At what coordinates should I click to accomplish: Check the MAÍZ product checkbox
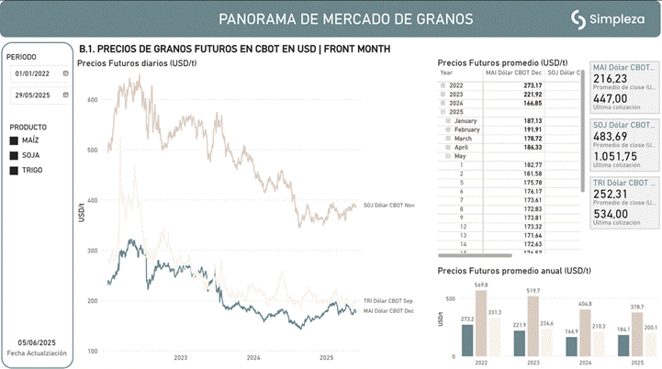coord(14,140)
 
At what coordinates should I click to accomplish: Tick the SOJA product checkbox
coord(14,155)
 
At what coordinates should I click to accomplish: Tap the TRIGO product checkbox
coord(14,170)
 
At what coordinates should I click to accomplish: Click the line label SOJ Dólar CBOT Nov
coord(389,206)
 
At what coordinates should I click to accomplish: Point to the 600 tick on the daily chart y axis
coord(92,98)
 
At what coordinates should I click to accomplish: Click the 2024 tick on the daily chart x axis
coord(253,358)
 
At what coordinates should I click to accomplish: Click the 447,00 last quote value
coord(611,98)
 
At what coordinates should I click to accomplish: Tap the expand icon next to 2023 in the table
coord(443,94)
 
